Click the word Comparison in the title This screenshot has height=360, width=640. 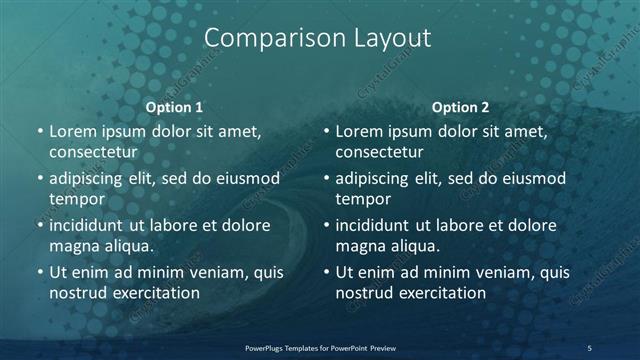coord(263,39)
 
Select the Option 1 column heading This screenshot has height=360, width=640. coord(175,107)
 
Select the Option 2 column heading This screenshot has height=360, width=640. coord(460,107)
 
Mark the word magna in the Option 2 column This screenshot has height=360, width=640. coord(360,246)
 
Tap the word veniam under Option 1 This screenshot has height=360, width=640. coord(208,272)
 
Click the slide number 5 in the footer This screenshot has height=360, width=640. coord(589,348)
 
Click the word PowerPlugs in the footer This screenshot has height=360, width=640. coord(268,348)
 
